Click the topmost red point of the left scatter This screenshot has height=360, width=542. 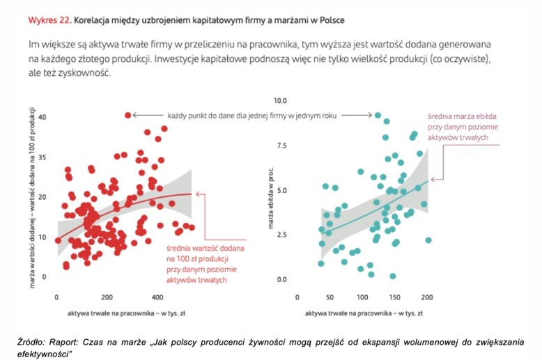[127, 115]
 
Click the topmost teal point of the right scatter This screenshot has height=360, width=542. [378, 116]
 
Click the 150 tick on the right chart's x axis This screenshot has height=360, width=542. [394, 293]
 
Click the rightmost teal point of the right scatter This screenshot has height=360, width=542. [428, 240]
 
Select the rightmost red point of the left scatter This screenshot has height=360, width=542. [192, 227]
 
